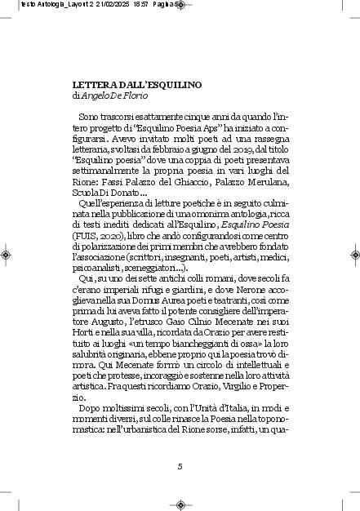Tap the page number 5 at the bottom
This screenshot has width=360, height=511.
pos(180,466)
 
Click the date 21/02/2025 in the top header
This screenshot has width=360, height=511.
pos(101,5)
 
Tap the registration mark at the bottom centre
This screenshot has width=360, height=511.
pos(180,504)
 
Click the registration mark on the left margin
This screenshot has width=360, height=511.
pos(7,255)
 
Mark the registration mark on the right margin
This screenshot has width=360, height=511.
pos(353,255)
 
